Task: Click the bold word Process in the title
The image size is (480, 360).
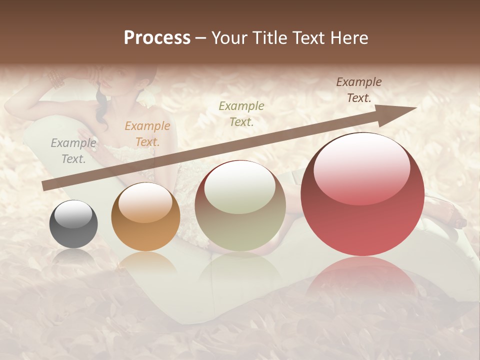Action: tap(157, 38)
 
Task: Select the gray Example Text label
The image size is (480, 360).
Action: tap(73, 151)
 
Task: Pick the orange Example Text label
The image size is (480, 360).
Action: tap(147, 134)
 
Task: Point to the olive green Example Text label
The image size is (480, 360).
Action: tap(241, 113)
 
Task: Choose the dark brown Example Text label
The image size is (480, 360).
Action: tap(358, 90)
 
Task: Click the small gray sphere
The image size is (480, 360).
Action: tap(73, 224)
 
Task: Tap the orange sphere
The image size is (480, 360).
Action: tap(145, 216)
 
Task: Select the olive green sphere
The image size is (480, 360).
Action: tap(240, 205)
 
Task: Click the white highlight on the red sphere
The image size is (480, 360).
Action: tap(361, 168)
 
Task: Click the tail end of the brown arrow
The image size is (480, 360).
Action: tap(46, 186)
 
